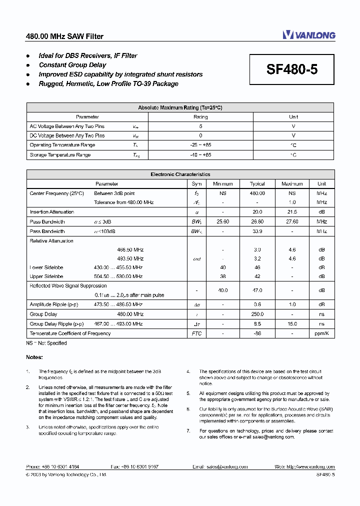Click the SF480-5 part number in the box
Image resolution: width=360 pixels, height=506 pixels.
tap(292, 69)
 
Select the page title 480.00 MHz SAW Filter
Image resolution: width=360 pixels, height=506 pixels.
tap(64, 36)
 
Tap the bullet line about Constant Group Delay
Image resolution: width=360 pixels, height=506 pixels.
tap(72, 65)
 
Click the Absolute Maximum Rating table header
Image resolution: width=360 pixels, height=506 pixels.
tap(180, 107)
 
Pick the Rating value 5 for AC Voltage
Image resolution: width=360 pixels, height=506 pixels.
tap(200, 126)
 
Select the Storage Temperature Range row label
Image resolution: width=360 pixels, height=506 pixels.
tap(60, 155)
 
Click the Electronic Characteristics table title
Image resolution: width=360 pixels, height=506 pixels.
tap(180, 174)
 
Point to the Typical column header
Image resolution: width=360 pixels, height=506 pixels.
tap(257, 184)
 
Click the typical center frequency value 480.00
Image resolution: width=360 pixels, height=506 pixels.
tap(257, 193)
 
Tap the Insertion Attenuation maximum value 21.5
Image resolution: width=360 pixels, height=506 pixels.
tap(292, 212)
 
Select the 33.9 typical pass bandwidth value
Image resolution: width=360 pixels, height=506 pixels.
tap(257, 231)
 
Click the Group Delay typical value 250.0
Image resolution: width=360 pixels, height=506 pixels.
tap(257, 314)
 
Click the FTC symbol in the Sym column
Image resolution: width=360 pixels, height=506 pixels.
tap(197, 333)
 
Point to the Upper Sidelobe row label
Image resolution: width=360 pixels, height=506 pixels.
tap(46, 276)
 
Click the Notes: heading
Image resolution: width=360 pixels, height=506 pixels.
tap(34, 357)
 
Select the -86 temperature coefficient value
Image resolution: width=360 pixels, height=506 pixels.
tap(257, 333)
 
